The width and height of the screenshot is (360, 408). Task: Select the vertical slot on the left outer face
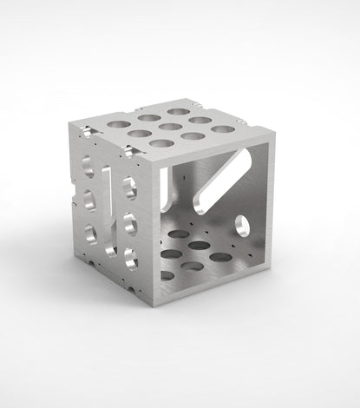coord(107,205)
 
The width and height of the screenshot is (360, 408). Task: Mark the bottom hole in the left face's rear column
coord(90,232)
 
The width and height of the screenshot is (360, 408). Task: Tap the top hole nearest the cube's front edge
coord(129,184)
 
